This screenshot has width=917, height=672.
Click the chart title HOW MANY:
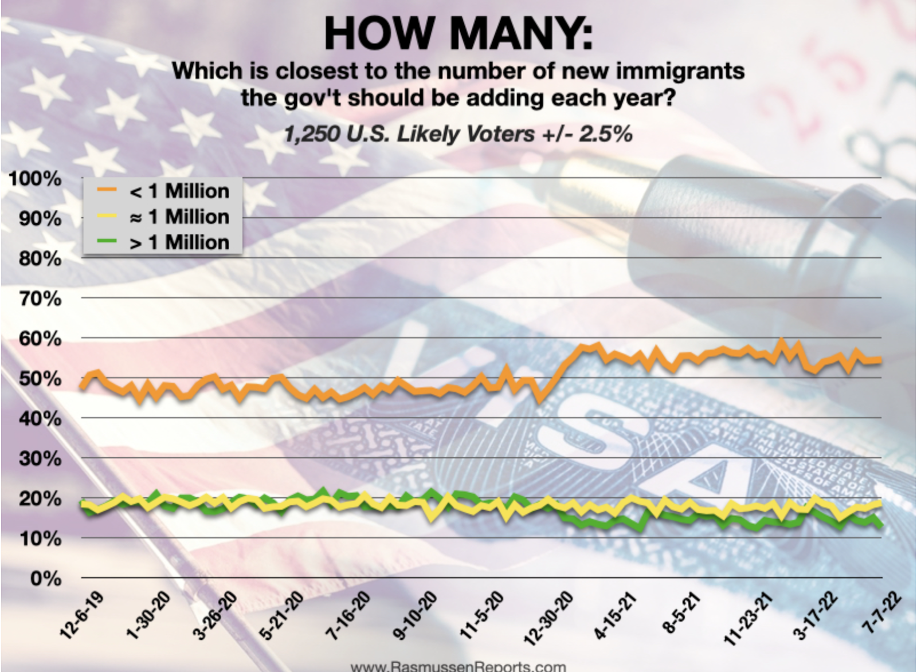pyautogui.click(x=458, y=33)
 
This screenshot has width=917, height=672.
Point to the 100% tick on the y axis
pyautogui.click(x=35, y=178)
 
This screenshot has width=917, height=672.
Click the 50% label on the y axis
pyautogui.click(x=39, y=379)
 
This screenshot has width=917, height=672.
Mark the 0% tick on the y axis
pyautogui.click(x=45, y=578)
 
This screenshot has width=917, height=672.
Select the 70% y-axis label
pyautogui.click(x=39, y=298)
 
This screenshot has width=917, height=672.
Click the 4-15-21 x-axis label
pyautogui.click(x=615, y=615)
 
